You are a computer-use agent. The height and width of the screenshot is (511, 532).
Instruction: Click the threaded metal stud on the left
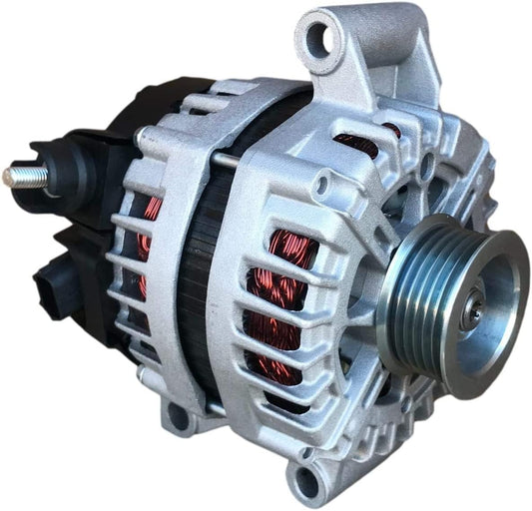[20, 177]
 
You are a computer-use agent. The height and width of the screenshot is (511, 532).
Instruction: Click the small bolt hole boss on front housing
[321, 186]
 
